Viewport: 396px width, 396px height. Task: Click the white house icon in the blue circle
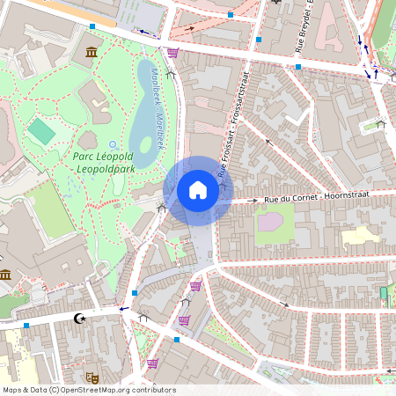(x=197, y=189)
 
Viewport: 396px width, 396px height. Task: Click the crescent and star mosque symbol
(x=81, y=318)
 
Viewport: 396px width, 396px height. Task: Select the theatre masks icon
(x=93, y=377)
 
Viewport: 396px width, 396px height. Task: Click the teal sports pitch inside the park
(x=40, y=132)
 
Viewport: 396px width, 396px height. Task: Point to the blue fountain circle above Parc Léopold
(x=113, y=143)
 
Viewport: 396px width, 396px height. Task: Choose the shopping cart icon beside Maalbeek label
(x=172, y=53)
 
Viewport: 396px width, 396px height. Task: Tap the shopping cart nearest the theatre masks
(x=152, y=363)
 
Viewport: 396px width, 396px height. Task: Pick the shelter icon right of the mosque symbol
(x=143, y=318)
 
